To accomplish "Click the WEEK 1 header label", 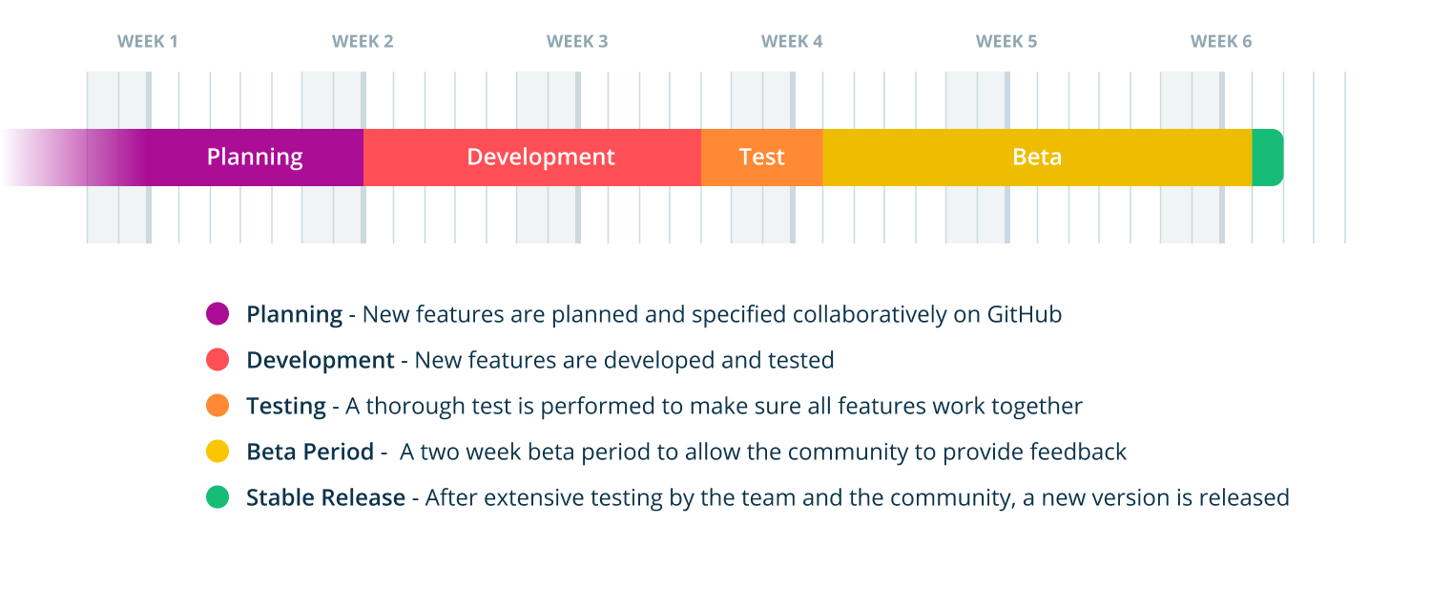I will (x=148, y=42).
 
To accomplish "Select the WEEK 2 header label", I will (x=363, y=42).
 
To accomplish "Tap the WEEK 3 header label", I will (x=577, y=42).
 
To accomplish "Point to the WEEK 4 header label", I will (x=792, y=42).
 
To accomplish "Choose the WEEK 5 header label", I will (x=1006, y=42).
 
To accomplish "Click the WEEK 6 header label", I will (x=1221, y=42).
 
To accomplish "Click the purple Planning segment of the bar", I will (x=254, y=158).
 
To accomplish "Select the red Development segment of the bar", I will (x=540, y=158).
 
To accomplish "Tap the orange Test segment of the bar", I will (x=761, y=158).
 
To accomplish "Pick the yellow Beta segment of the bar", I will (x=1037, y=158).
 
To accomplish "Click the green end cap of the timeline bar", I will (x=1267, y=158).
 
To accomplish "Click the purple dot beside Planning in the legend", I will (x=218, y=314).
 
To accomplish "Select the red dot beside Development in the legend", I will (x=218, y=360).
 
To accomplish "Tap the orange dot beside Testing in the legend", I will (x=218, y=406).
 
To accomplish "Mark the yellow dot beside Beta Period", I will (x=218, y=452).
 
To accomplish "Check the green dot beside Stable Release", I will (x=218, y=497).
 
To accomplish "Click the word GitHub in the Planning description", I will (x=1025, y=314).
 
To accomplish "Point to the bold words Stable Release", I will (x=325, y=497).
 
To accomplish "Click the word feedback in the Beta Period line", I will (x=1082, y=452).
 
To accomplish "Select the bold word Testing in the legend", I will (x=286, y=407).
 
